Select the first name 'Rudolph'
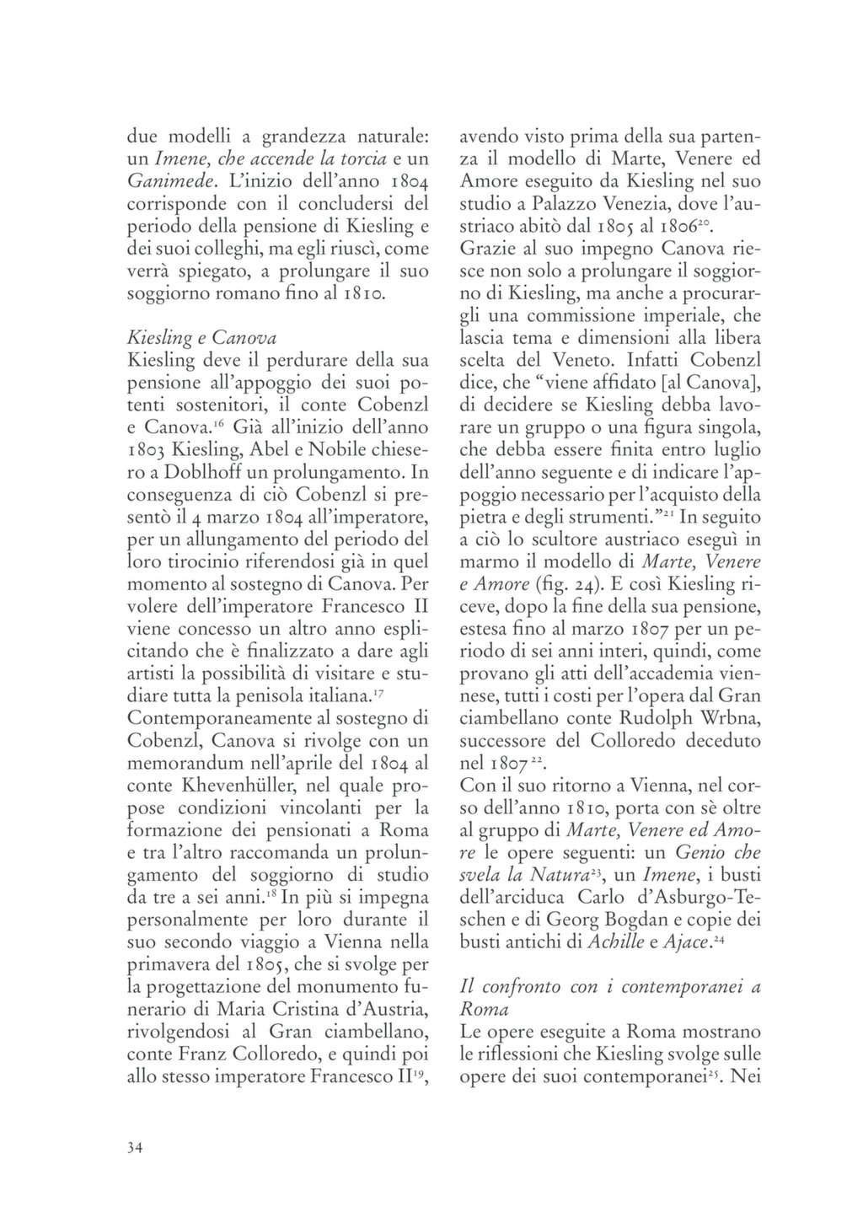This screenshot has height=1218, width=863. (647, 718)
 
